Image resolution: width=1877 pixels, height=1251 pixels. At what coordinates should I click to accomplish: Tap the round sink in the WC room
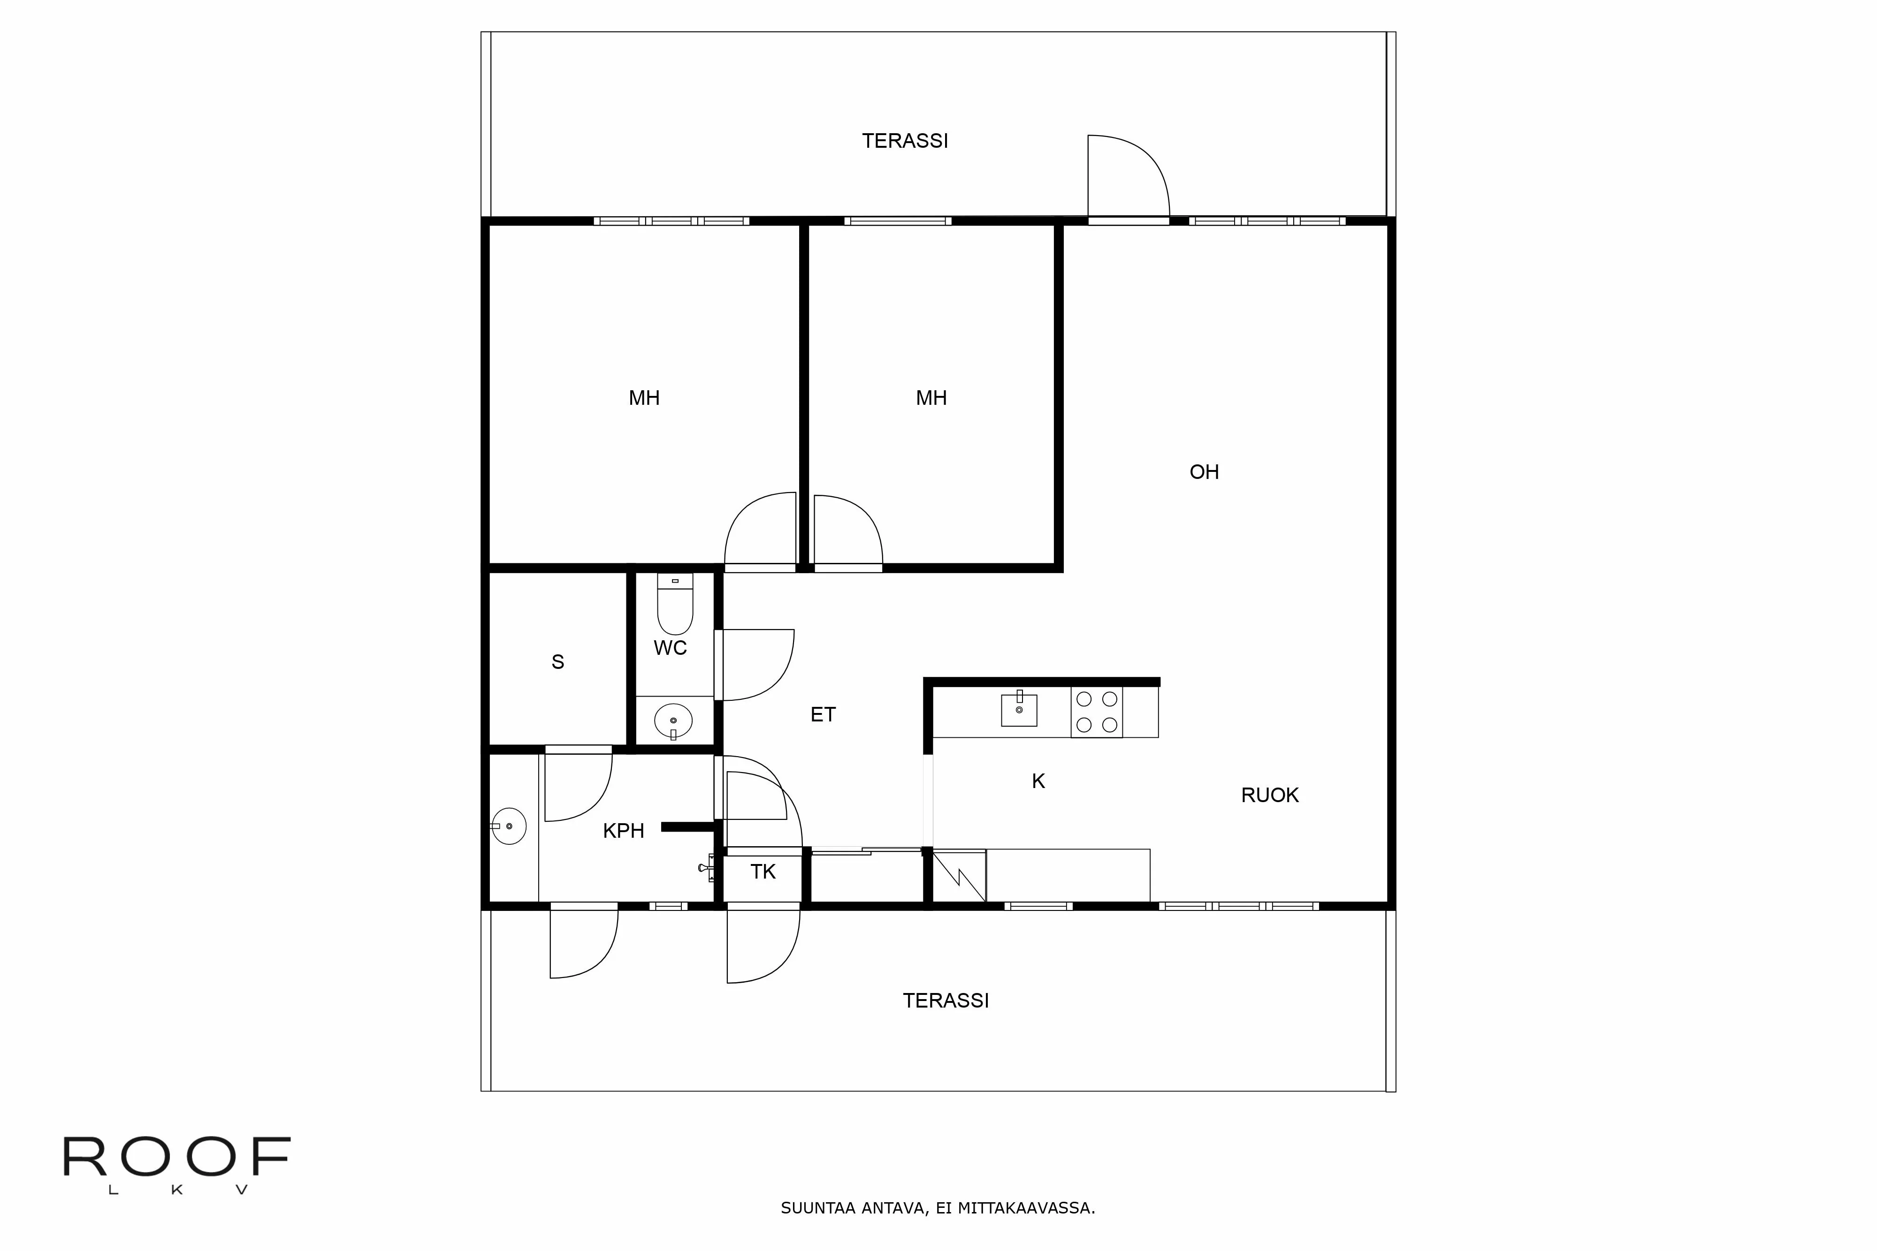click(673, 720)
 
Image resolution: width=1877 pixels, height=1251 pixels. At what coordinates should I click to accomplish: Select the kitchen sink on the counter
click(1019, 709)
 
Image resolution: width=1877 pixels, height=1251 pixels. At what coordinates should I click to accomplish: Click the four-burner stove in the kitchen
click(1097, 712)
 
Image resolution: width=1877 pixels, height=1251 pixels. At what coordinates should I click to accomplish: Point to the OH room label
click(1204, 472)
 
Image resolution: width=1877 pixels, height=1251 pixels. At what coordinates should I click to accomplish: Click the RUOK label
click(1270, 796)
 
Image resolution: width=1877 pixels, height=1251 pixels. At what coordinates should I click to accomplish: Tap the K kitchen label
click(1038, 781)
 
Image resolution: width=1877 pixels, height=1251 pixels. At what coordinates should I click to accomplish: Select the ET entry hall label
click(823, 715)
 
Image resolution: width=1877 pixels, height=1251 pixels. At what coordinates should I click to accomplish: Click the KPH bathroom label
click(623, 831)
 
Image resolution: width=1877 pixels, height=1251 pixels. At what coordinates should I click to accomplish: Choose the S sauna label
click(558, 662)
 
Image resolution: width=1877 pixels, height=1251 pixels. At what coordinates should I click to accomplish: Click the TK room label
click(763, 872)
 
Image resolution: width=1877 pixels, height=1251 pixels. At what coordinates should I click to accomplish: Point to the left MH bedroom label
click(644, 398)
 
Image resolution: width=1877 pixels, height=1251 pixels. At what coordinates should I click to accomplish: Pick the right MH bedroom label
click(931, 398)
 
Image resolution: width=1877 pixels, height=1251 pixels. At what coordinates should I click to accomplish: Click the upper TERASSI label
click(905, 141)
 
